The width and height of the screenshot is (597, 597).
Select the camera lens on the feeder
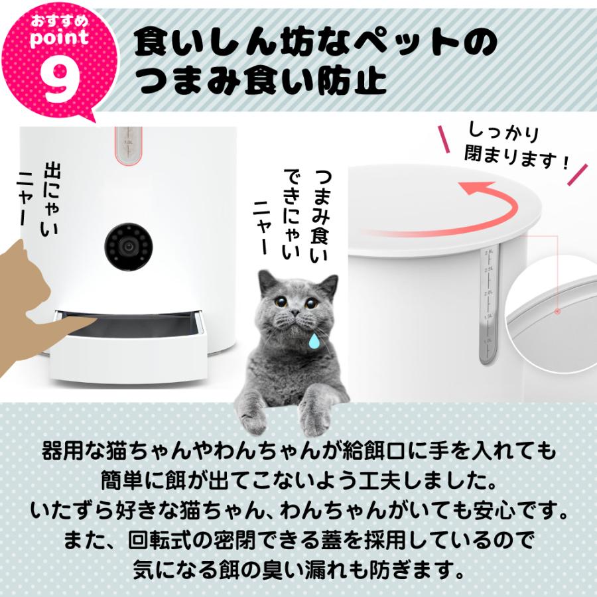point(128,246)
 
